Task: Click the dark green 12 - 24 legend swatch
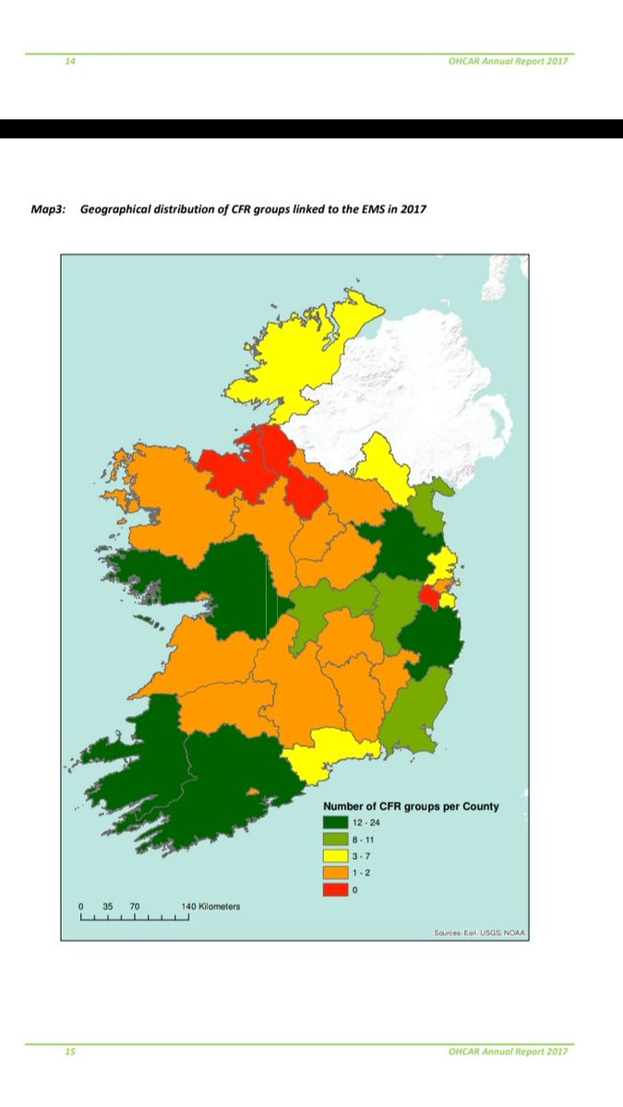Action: tap(336, 822)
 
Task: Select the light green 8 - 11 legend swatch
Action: tap(336, 839)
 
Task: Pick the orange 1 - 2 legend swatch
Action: tap(336, 872)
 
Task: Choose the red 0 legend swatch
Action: tap(336, 888)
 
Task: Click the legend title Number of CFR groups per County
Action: tap(411, 805)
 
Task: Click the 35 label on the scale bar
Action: tap(107, 906)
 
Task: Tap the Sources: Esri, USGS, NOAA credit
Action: tap(479, 933)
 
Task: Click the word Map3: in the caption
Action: tap(49, 209)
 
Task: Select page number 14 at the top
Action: tap(69, 61)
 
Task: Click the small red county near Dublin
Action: tap(428, 598)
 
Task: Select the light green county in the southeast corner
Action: tap(415, 715)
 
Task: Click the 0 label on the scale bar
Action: tap(81, 906)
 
